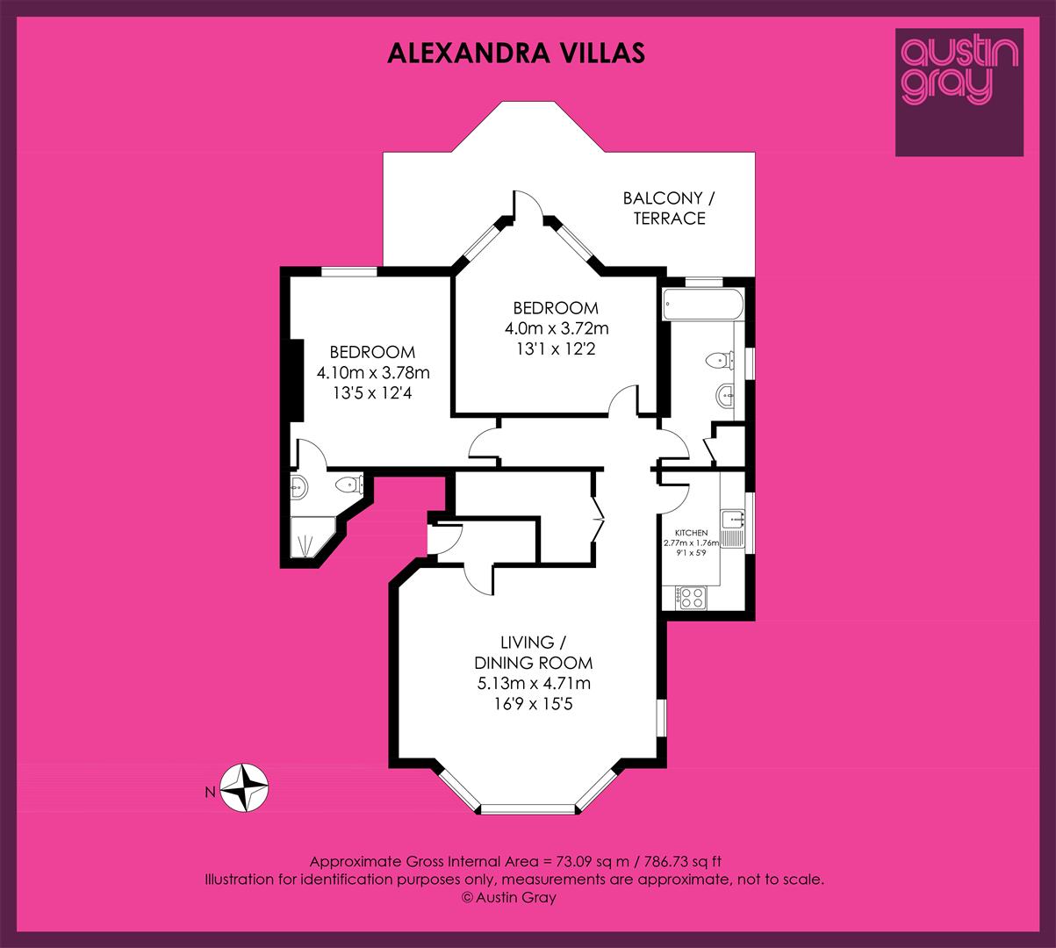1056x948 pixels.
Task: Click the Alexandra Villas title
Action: pyautogui.click(x=516, y=54)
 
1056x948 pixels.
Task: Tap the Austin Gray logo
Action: pyautogui.click(x=959, y=92)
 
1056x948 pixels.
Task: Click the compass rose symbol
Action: pyautogui.click(x=244, y=787)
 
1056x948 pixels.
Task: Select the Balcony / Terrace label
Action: pyautogui.click(x=669, y=208)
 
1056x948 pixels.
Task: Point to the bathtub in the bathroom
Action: pyautogui.click(x=702, y=305)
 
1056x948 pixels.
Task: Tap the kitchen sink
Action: pyautogui.click(x=733, y=529)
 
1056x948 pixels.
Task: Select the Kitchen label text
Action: pyautogui.click(x=691, y=533)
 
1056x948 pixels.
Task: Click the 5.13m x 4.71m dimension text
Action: pyautogui.click(x=534, y=683)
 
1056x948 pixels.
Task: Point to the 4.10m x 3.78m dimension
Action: pyautogui.click(x=373, y=373)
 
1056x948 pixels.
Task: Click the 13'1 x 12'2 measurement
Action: pyautogui.click(x=556, y=348)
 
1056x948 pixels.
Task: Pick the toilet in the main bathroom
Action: pyautogui.click(x=720, y=360)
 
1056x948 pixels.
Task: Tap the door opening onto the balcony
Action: pyautogui.click(x=528, y=205)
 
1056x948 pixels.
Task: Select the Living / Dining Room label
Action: pyautogui.click(x=534, y=652)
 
